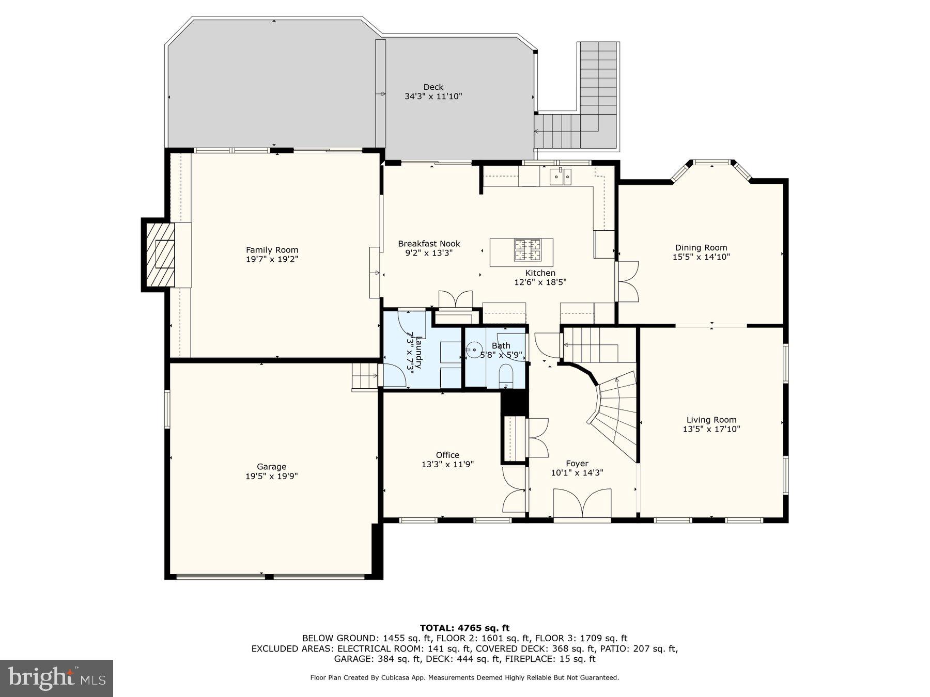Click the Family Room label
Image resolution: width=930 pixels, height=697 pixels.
tap(272, 250)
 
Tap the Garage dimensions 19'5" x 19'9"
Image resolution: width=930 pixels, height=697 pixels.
tap(271, 476)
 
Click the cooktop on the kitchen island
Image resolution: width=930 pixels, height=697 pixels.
tap(527, 250)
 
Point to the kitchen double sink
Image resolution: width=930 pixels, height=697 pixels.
tap(561, 177)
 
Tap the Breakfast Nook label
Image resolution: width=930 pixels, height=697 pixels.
tap(429, 244)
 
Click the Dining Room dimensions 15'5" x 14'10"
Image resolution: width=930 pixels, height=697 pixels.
tap(701, 257)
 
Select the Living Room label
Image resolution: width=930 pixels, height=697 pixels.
tap(711, 420)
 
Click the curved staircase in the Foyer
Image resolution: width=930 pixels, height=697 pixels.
tap(615, 413)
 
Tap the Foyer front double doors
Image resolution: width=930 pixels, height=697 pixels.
tap(582, 503)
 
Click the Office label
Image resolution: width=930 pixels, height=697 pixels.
tap(447, 455)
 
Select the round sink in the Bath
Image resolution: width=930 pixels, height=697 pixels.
tap(474, 350)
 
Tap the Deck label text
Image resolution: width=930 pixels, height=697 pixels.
tap(433, 87)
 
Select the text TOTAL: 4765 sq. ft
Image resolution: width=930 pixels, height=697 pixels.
tap(464, 628)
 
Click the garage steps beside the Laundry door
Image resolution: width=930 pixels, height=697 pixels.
tap(365, 376)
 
